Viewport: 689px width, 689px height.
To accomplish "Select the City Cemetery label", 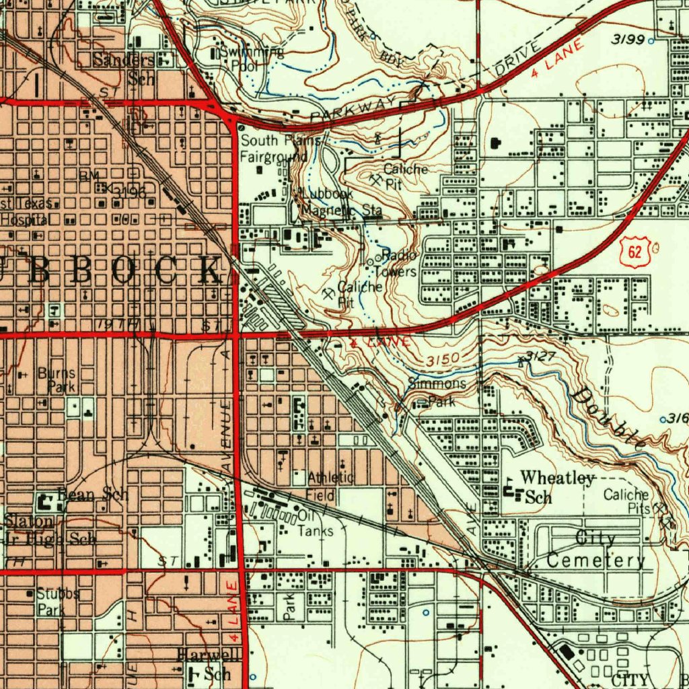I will pos(595,550).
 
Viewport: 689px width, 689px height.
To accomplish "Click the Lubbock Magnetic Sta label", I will pos(340,202).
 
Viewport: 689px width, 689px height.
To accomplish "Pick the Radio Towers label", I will pos(397,264).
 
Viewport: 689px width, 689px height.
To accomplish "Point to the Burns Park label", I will pos(57,380).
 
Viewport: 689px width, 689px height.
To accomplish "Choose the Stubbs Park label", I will pos(57,602).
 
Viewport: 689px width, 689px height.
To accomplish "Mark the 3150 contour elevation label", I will pos(442,359).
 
